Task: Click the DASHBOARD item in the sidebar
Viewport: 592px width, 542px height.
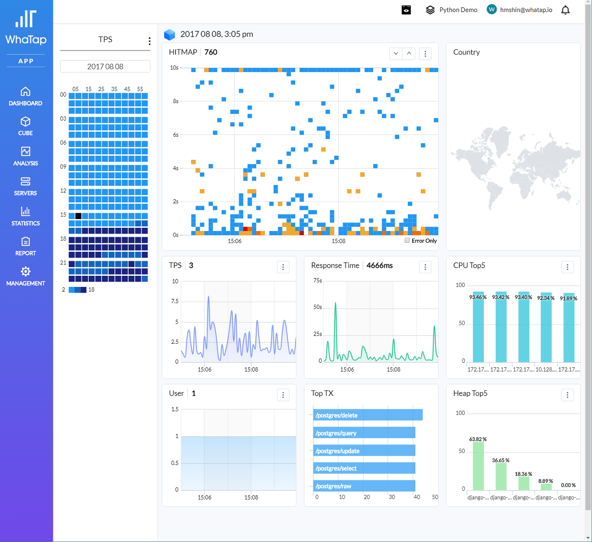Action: [25, 97]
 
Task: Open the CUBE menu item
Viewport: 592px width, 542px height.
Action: [25, 126]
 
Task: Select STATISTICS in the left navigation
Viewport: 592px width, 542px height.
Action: [25, 216]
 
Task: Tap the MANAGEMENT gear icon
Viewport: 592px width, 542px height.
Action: [25, 271]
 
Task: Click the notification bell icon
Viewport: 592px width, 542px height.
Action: [565, 10]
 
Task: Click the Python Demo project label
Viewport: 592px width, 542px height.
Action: [458, 10]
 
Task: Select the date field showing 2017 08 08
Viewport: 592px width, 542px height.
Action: [105, 67]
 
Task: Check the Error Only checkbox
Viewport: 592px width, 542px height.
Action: [407, 240]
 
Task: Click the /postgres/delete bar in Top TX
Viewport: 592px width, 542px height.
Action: [368, 415]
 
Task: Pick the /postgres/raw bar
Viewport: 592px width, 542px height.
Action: [364, 486]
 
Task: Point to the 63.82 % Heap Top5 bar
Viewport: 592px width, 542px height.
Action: [478, 466]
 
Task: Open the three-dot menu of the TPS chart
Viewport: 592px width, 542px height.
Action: [283, 267]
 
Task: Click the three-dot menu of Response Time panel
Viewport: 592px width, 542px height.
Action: [425, 267]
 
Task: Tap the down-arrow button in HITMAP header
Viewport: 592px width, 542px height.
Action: [396, 54]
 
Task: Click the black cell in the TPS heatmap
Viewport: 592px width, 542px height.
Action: [78, 216]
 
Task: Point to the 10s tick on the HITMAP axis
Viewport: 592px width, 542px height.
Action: [174, 67]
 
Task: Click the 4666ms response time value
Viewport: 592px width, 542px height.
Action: [379, 266]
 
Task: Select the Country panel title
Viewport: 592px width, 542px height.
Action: [466, 52]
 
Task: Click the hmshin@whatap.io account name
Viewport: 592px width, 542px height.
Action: [526, 10]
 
